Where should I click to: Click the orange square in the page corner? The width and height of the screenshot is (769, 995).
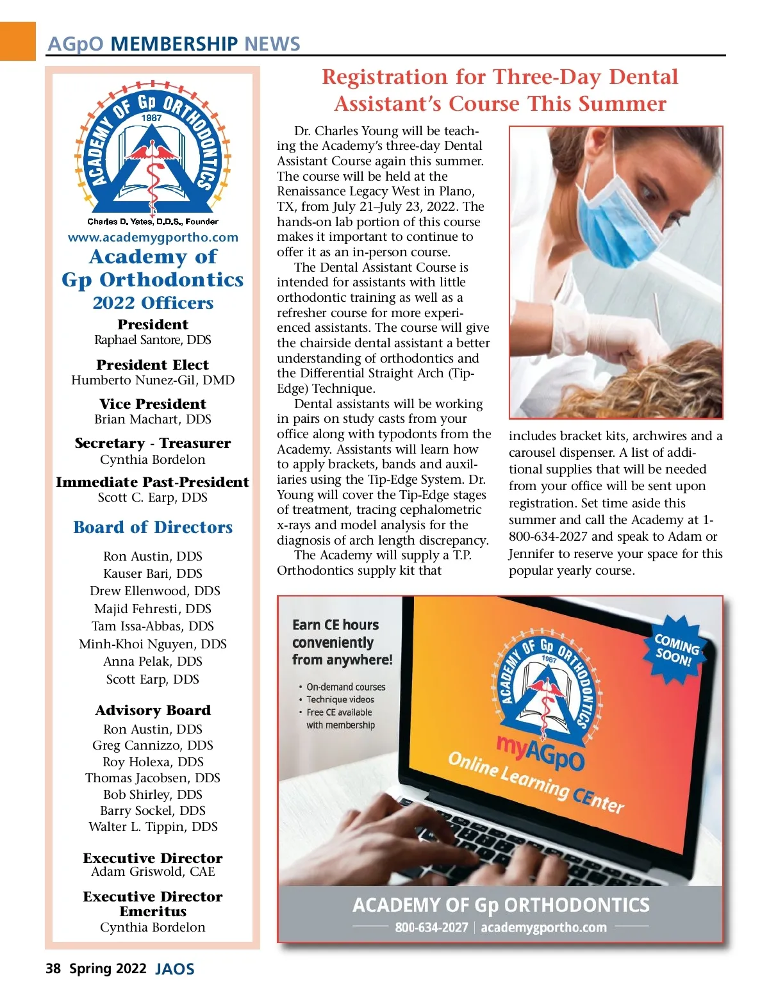(17, 40)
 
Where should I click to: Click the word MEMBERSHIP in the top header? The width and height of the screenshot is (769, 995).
(173, 44)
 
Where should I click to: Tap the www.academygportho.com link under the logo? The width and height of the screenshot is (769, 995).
(153, 237)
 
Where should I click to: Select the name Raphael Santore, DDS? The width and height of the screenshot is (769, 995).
(153, 340)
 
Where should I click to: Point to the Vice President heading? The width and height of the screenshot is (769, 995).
(153, 404)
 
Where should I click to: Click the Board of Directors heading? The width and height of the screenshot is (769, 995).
(153, 527)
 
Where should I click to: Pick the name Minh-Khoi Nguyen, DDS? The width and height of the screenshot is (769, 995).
(153, 644)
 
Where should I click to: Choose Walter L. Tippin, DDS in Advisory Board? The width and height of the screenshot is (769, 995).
(153, 826)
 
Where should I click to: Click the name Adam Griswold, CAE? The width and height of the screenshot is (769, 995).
(153, 871)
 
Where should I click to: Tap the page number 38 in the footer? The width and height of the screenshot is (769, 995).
(53, 968)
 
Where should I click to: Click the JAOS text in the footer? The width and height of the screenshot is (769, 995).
(174, 969)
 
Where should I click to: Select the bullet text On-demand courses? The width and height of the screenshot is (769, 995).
(345, 687)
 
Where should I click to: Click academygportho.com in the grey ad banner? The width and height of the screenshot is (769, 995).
(543, 927)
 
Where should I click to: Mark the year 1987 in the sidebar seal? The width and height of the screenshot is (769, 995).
(152, 118)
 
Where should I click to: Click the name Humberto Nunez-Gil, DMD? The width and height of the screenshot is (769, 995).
(153, 380)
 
